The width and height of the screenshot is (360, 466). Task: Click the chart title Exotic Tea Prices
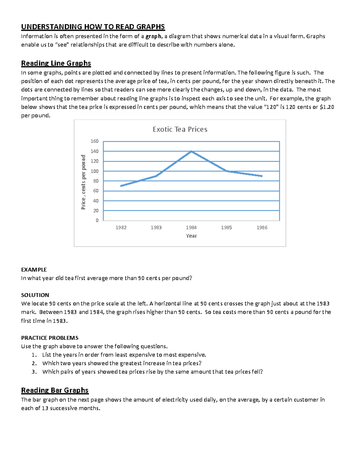pyautogui.click(x=180, y=129)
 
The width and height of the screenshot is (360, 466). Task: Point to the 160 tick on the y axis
pyautogui.click(x=94, y=141)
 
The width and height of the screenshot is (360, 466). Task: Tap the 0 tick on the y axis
pyautogui.click(x=97, y=220)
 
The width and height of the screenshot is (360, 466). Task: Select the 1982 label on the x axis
pyautogui.click(x=121, y=227)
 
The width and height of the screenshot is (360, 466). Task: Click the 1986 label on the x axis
pyautogui.click(x=262, y=227)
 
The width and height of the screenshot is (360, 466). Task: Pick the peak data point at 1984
pyautogui.click(x=191, y=151)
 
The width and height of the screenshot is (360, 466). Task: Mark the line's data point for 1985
pyautogui.click(x=227, y=171)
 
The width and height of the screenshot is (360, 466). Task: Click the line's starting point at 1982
pyautogui.click(x=121, y=186)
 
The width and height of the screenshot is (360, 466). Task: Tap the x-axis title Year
pyautogui.click(x=191, y=236)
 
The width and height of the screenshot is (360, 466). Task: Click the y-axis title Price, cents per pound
pyautogui.click(x=83, y=182)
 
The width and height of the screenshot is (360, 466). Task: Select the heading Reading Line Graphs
pyautogui.click(x=56, y=63)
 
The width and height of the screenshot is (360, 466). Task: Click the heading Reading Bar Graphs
pyautogui.click(x=55, y=390)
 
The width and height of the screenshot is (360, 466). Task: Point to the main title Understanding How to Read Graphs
pyautogui.click(x=93, y=27)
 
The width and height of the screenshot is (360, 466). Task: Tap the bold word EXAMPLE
pyautogui.click(x=34, y=269)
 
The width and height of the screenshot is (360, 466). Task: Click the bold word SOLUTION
pyautogui.click(x=35, y=295)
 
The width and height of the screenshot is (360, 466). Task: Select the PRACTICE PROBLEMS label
pyautogui.click(x=50, y=338)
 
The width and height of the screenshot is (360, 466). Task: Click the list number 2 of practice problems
pyautogui.click(x=34, y=363)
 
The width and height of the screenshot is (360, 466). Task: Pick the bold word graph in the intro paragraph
pyautogui.click(x=153, y=37)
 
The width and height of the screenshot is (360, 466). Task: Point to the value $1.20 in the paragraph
pyautogui.click(x=327, y=107)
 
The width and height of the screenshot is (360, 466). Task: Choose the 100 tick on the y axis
pyautogui.click(x=94, y=171)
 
